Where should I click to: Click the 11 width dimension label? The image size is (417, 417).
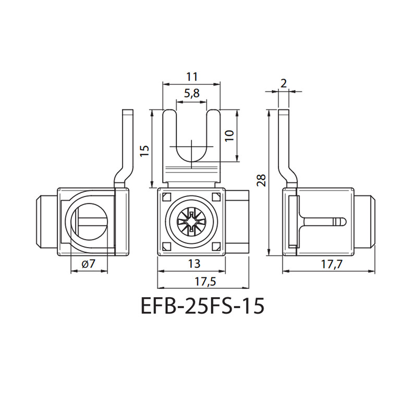192,77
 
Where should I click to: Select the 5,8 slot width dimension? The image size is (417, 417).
192,94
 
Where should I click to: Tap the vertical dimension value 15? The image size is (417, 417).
145,151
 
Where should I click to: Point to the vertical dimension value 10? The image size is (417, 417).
230,136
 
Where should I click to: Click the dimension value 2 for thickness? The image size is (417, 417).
284,83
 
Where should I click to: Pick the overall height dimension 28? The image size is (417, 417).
262,180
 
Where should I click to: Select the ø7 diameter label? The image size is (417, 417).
89,264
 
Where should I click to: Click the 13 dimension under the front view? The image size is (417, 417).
194,264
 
